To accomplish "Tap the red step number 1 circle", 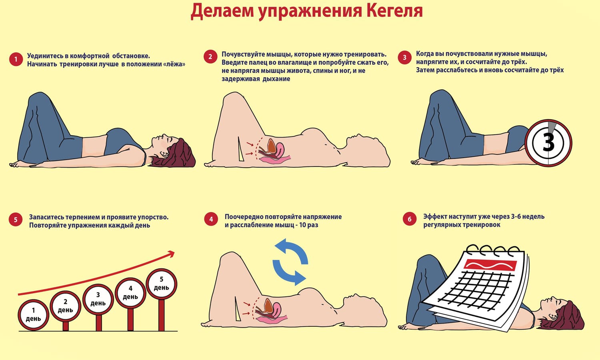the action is pyautogui.click(x=16, y=59).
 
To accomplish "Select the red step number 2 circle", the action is pyautogui.click(x=210, y=56).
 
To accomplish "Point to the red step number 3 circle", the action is pyautogui.click(x=404, y=57).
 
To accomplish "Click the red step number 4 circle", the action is pyautogui.click(x=211, y=219).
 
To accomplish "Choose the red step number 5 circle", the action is pyautogui.click(x=16, y=220).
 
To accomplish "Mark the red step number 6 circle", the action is pyautogui.click(x=410, y=219).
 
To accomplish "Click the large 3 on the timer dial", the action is pyautogui.click(x=548, y=142).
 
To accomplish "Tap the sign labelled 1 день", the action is pyautogui.click(x=34, y=315).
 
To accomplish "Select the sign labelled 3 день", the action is pyautogui.click(x=98, y=299).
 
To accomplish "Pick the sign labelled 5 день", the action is pyautogui.click(x=162, y=284).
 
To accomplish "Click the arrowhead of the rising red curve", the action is pyautogui.click(x=171, y=253).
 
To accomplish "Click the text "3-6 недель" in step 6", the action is pyautogui.click(x=528, y=216).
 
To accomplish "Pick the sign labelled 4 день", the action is pyautogui.click(x=130, y=293).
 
